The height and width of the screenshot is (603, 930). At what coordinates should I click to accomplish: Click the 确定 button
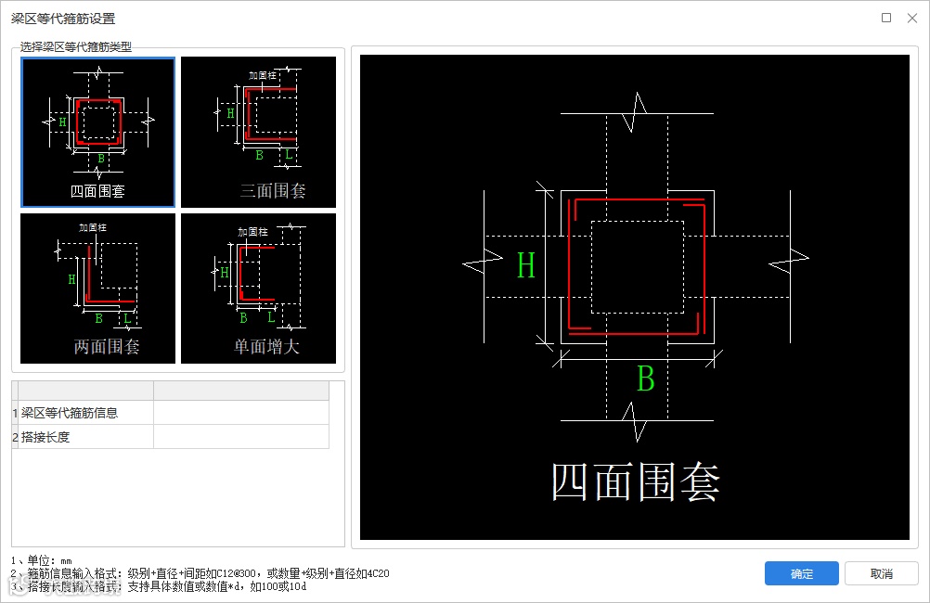802,573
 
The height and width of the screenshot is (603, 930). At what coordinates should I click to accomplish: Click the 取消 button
881,573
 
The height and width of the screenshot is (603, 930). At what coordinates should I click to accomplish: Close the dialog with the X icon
911,18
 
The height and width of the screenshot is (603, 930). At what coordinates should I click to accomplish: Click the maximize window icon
886,18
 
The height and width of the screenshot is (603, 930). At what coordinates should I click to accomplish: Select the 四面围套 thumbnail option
97,132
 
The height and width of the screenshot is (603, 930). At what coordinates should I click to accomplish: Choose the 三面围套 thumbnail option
258,132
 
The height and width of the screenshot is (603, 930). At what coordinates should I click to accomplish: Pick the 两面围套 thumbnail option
97,289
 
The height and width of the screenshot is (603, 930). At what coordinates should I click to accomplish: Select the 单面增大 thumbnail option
258,289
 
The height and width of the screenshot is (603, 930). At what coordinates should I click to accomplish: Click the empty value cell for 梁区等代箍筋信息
240,413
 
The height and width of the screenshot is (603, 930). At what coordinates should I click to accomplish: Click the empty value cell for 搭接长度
240,437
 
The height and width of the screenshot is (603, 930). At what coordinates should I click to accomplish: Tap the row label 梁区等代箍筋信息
70,413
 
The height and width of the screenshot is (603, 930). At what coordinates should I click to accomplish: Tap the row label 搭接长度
46,437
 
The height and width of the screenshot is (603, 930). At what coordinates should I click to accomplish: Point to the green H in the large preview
526,266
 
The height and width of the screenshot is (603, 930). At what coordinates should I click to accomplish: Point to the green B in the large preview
645,379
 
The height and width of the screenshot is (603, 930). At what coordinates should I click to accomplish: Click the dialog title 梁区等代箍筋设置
63,19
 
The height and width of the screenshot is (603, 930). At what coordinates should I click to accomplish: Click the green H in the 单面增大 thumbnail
224,273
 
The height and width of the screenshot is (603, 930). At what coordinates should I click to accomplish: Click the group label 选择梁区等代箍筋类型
76,45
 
